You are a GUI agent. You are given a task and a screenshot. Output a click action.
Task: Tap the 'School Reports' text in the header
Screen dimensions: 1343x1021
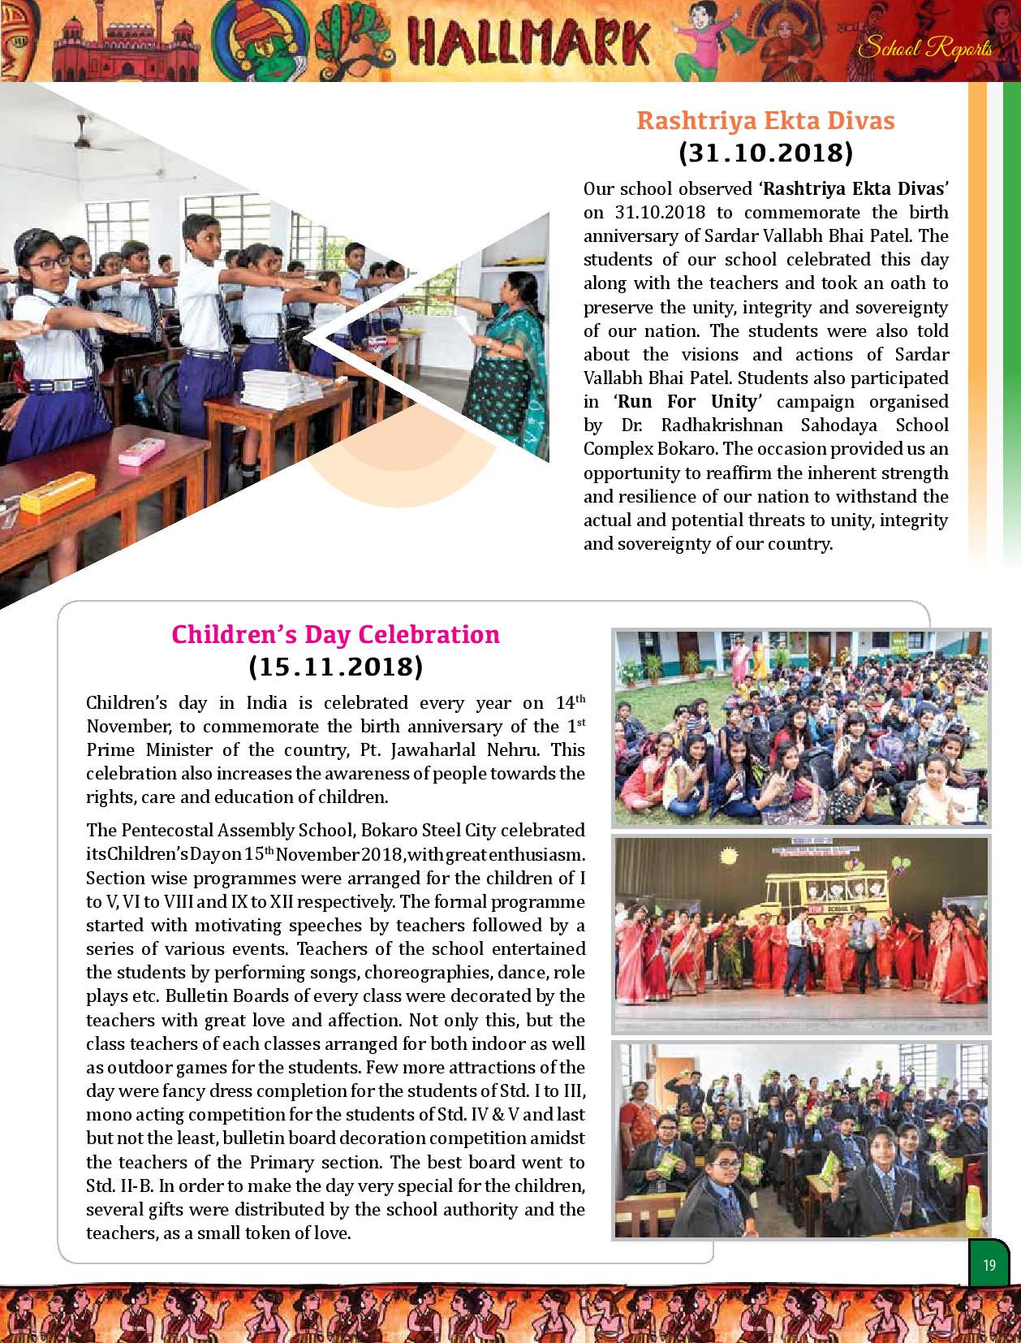(x=924, y=49)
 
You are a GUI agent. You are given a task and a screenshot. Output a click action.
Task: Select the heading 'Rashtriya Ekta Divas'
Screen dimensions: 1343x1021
(x=765, y=120)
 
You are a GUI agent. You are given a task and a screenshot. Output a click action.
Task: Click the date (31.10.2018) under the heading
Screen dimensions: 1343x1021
(x=765, y=153)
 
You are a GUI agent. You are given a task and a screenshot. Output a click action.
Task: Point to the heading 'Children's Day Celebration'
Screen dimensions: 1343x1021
(x=335, y=634)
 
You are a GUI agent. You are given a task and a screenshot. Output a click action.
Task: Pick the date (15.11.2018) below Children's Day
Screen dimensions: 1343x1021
(x=335, y=667)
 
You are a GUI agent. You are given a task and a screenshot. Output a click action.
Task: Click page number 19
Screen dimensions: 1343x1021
(x=989, y=1266)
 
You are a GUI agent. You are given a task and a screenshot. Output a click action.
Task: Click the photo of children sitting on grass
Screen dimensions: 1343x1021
(x=800, y=728)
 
